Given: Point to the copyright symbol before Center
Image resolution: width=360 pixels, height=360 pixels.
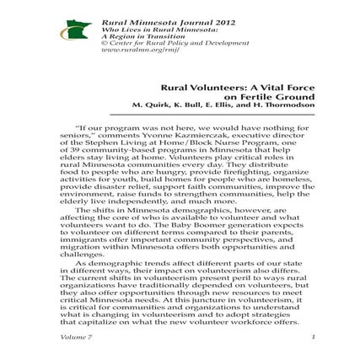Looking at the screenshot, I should click(x=104, y=41).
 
